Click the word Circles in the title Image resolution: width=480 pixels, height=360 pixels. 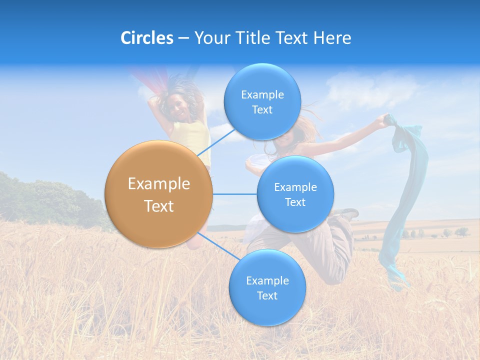coord(146,38)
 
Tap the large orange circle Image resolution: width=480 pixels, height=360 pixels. coord(158,194)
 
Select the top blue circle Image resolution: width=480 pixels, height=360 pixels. coord(262,101)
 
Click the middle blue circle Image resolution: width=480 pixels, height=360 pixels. coord(295,194)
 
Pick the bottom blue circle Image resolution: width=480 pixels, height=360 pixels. coord(267,288)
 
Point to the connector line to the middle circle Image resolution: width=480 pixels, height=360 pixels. coord(234,194)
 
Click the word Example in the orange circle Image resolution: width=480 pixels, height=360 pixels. coord(158,183)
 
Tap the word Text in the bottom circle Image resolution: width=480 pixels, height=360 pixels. coord(267,295)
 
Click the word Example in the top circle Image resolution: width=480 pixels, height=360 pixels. coord(262,94)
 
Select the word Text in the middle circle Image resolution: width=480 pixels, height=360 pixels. coord(295,202)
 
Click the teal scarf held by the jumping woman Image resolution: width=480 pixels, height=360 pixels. coord(405,200)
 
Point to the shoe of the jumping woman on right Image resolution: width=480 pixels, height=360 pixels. coord(348,213)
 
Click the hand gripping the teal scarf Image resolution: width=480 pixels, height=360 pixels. coord(386,119)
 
